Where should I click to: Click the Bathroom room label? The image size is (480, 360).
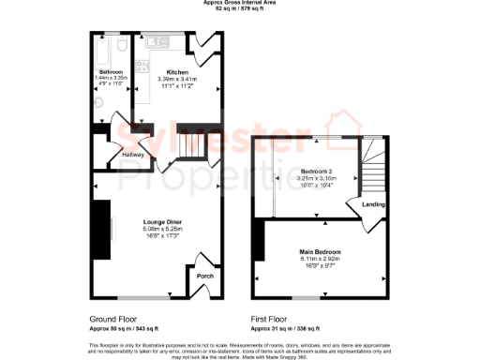[111, 71]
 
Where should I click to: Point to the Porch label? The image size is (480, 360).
[203, 277]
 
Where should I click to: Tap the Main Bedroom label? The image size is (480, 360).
[320, 253]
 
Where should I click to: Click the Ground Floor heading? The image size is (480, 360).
[116, 320]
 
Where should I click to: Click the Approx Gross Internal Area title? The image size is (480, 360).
[240, 3]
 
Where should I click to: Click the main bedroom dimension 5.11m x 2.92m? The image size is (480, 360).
[320, 261]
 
